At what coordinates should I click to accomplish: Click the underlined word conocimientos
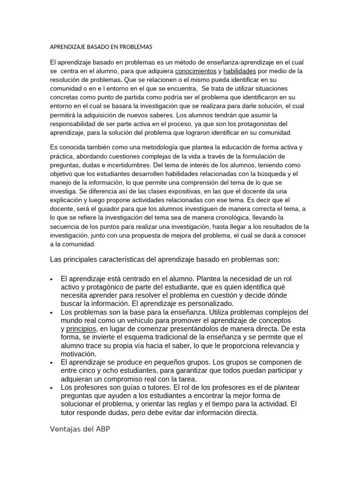click(195, 71)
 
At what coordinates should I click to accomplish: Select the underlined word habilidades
click(240, 71)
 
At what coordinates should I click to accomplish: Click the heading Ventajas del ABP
click(80, 429)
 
